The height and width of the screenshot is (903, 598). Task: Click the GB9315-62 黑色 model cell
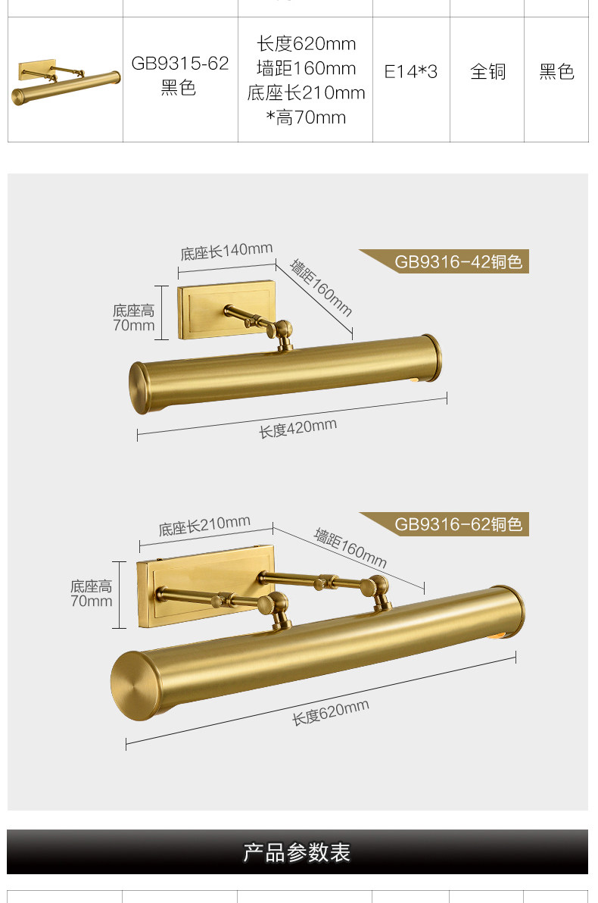click(179, 75)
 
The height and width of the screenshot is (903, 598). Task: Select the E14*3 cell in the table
click(411, 71)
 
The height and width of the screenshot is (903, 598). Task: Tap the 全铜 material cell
click(487, 71)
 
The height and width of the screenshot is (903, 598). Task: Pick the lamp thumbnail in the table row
click(66, 82)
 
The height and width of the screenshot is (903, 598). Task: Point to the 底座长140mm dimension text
click(226, 251)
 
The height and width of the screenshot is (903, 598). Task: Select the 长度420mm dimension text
click(297, 429)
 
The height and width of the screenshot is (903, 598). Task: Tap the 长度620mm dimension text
click(330, 712)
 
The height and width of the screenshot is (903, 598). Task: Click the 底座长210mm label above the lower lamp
click(204, 526)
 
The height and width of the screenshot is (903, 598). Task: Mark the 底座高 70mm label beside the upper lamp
click(133, 318)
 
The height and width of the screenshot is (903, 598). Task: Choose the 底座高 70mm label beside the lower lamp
click(91, 594)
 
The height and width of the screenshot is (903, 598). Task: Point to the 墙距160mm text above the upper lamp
click(321, 287)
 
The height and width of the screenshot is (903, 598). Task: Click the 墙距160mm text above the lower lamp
click(350, 547)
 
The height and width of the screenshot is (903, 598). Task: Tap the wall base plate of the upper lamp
click(226, 309)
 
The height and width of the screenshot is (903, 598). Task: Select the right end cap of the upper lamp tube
click(431, 358)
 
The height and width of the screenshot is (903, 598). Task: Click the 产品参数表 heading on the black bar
click(297, 852)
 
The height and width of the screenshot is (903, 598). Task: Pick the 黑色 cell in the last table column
click(556, 71)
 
